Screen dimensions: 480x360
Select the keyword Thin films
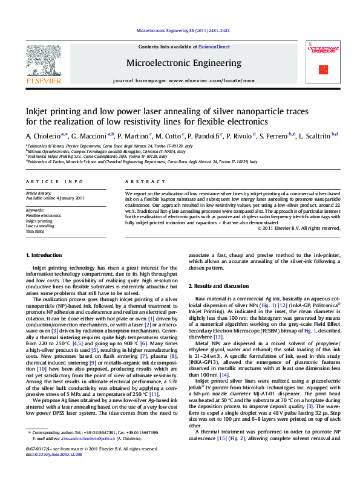(34, 232)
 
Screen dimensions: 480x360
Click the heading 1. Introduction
(46, 273)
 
